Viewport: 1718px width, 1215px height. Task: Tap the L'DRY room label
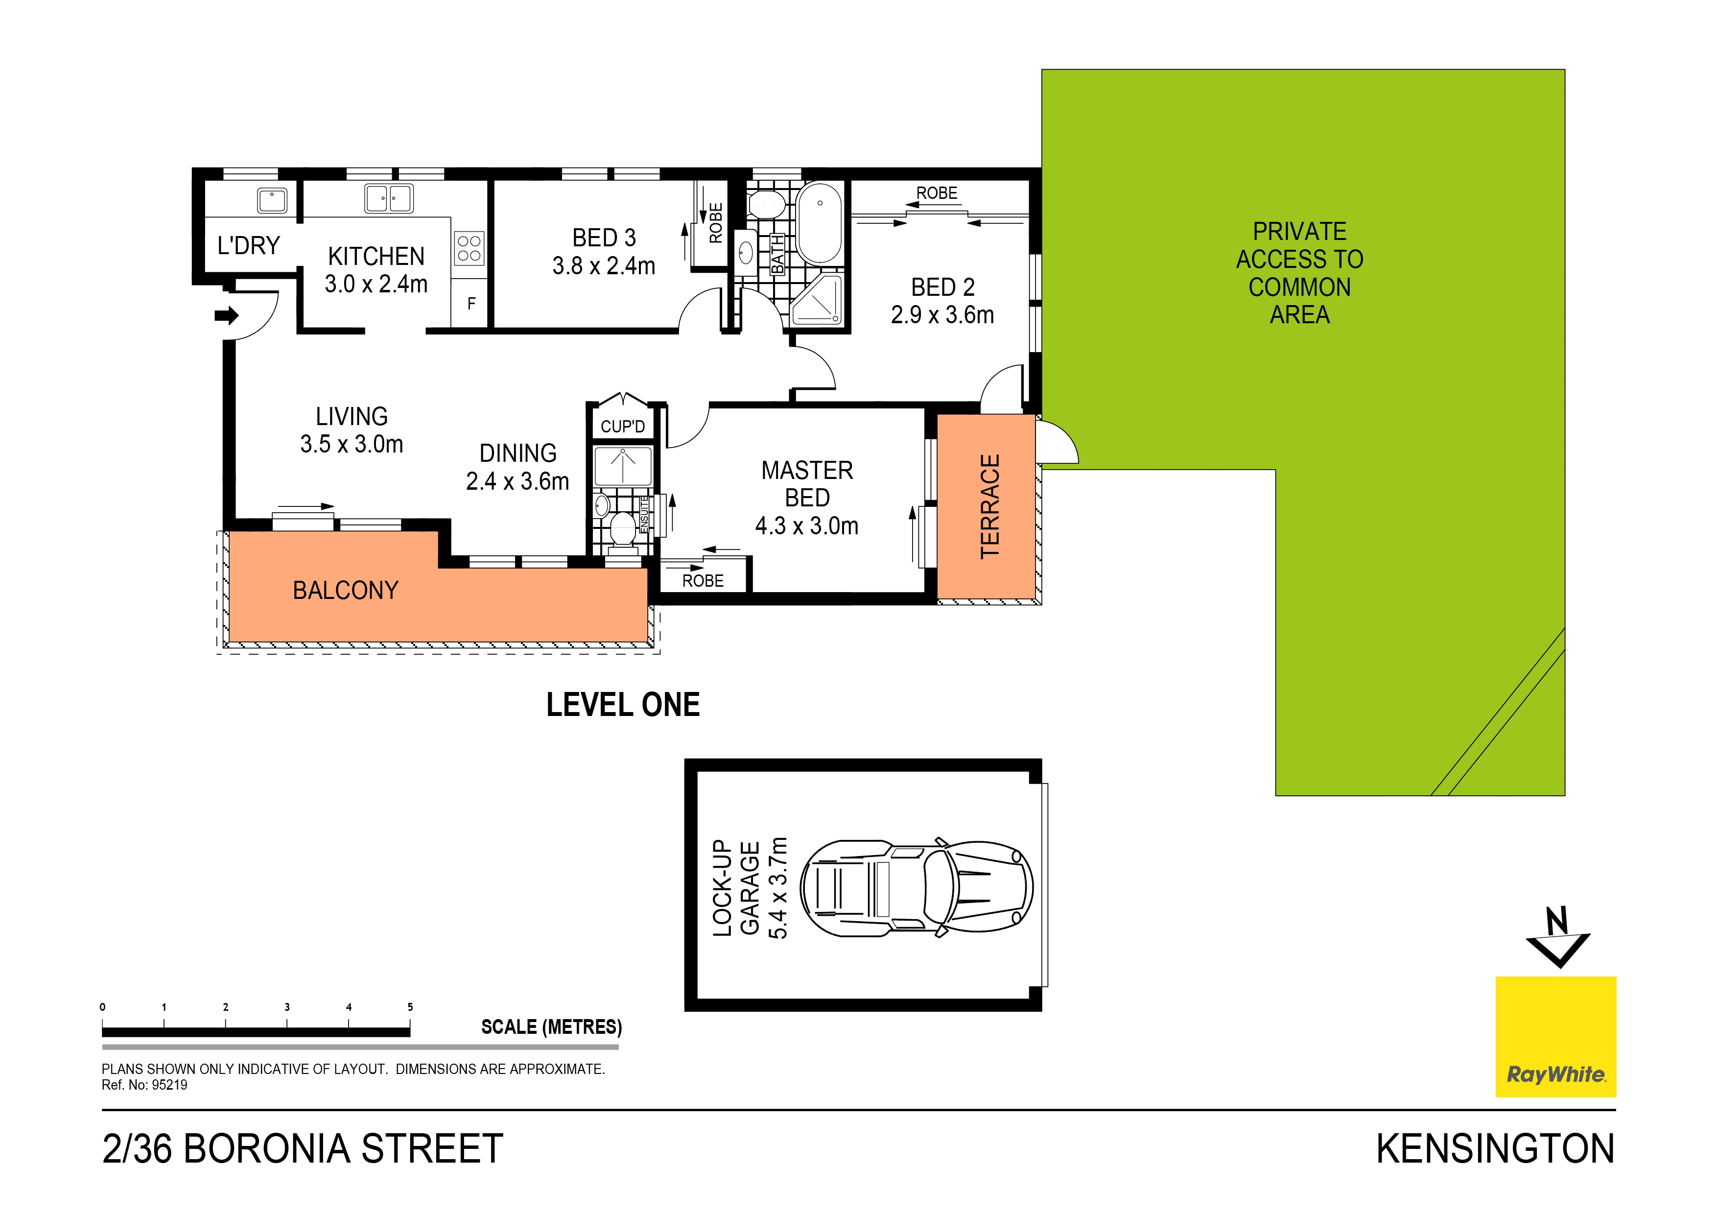[x=248, y=245]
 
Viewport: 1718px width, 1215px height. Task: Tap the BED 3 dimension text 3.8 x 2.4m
[x=603, y=266]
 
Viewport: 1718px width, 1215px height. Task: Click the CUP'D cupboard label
[x=623, y=427]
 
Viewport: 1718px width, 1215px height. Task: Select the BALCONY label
[x=345, y=591]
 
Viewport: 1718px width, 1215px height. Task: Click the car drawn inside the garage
[x=917, y=887]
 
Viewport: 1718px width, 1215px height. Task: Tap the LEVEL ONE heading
[x=623, y=705]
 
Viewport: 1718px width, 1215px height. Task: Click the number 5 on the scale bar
[x=410, y=1007]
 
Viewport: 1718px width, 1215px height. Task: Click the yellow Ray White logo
[x=1555, y=1036]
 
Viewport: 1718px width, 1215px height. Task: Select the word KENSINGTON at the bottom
[x=1495, y=1149]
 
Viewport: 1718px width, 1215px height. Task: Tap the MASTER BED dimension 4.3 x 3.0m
[x=807, y=526]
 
